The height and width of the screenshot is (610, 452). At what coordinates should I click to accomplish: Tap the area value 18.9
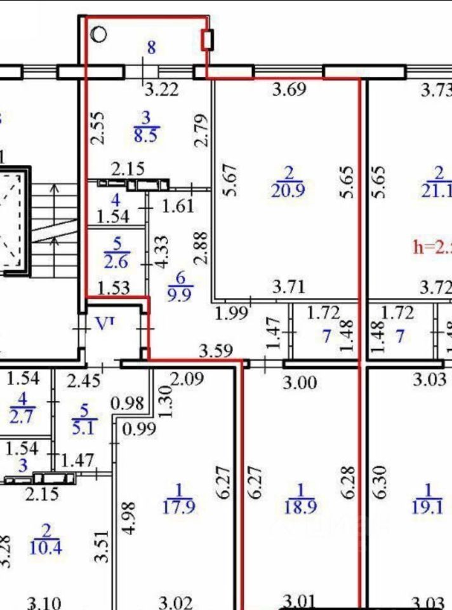(300, 508)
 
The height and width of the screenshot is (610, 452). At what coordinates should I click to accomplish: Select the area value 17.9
(178, 508)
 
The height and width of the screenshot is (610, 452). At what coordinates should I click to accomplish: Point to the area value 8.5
(146, 135)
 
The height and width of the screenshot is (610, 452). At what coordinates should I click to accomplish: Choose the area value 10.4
(46, 547)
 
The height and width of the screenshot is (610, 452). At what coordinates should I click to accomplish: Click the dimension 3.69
(289, 90)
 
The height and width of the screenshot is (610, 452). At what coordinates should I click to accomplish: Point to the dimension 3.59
(216, 350)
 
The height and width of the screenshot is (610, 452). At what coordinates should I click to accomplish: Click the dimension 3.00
(300, 383)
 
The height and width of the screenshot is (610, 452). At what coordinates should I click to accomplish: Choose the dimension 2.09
(189, 381)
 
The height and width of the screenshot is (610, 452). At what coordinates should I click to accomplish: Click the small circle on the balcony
(100, 34)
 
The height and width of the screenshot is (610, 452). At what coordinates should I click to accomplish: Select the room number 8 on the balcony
(151, 47)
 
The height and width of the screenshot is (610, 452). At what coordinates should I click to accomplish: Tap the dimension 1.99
(230, 313)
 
